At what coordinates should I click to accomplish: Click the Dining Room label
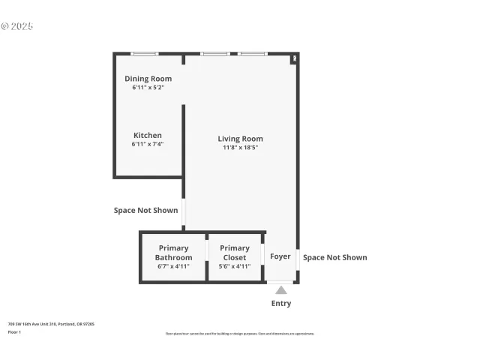(x=148, y=79)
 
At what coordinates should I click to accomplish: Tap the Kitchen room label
(x=148, y=136)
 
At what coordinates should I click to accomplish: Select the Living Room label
(x=240, y=139)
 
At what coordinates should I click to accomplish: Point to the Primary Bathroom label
(x=173, y=253)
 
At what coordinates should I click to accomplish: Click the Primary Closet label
(x=234, y=253)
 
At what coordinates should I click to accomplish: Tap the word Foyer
(x=280, y=256)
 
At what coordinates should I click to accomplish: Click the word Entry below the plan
(x=280, y=304)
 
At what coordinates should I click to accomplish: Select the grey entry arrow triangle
(x=280, y=289)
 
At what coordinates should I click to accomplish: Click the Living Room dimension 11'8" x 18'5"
(x=240, y=148)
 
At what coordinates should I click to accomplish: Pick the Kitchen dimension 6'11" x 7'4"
(x=148, y=144)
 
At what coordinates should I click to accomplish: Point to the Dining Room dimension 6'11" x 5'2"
(x=148, y=88)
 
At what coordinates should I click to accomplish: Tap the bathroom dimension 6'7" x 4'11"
(x=173, y=266)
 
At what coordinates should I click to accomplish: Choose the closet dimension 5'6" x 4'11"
(x=234, y=266)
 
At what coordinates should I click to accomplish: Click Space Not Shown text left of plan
(x=145, y=211)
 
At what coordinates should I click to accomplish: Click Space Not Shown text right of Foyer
(x=334, y=257)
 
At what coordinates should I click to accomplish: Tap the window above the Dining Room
(x=144, y=53)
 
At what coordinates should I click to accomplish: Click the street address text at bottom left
(x=51, y=324)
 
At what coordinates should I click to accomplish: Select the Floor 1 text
(x=14, y=331)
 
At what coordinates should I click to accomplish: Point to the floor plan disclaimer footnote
(x=240, y=334)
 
